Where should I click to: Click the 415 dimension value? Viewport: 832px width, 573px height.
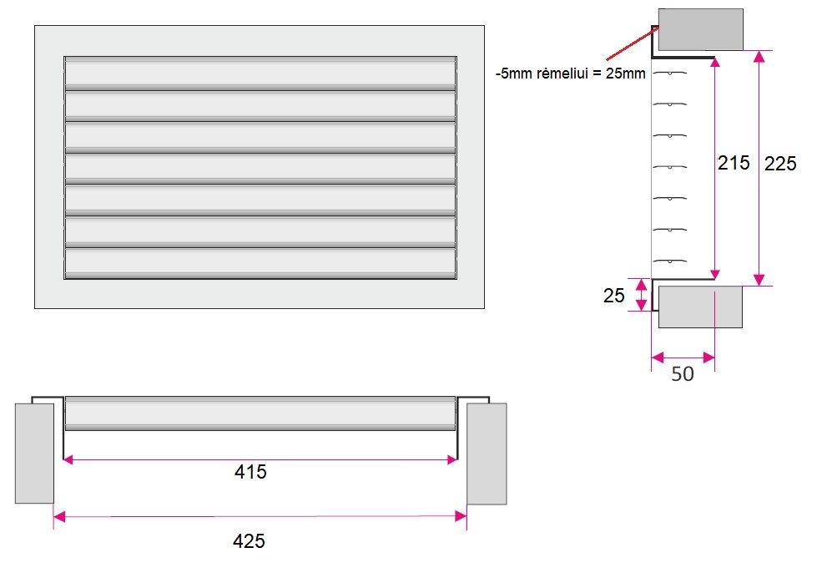click(x=250, y=472)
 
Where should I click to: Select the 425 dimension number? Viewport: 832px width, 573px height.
click(x=249, y=541)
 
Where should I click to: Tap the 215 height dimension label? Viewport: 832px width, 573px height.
click(x=734, y=163)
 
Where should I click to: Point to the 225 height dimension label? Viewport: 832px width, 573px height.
click(x=780, y=164)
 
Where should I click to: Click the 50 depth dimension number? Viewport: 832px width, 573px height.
click(x=683, y=374)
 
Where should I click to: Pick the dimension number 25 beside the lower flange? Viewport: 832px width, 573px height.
click(x=614, y=295)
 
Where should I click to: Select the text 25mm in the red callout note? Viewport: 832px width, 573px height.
click(x=626, y=74)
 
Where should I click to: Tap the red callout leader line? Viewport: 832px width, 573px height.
click(x=632, y=43)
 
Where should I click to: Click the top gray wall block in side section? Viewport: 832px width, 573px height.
click(x=700, y=30)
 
